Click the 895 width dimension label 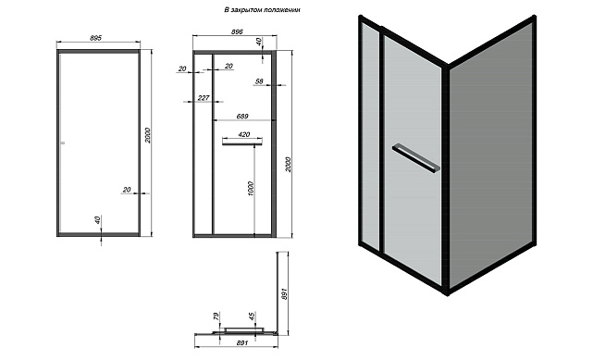coord(96,38)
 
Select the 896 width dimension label coord(237,31)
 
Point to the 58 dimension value coord(259,81)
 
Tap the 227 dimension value coord(204,98)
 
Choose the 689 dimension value coord(242,116)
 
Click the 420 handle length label coord(244,134)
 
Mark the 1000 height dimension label coord(252,189)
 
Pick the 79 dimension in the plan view coord(216,317)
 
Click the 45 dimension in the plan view coord(252,317)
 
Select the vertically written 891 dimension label coord(285,293)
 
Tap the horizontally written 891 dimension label coord(242,343)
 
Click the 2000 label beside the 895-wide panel coord(148,135)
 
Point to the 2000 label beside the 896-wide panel coord(289,165)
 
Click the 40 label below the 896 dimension coord(258,42)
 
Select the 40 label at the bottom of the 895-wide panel coord(97,219)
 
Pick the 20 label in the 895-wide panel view coord(127,190)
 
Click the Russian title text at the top coord(262,10)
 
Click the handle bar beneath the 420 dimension coord(242,143)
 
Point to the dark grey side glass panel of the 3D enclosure coord(491,155)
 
